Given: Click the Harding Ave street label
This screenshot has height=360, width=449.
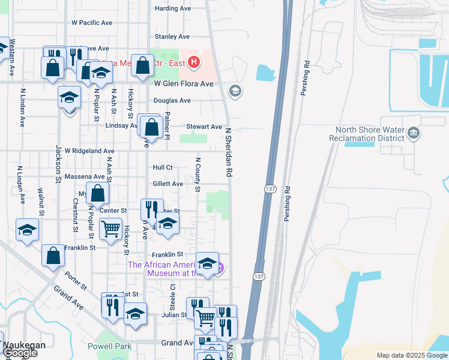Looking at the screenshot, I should [172, 8].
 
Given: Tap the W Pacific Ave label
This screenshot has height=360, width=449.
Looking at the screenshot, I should [92, 23].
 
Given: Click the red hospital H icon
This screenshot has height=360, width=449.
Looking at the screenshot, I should [193, 61].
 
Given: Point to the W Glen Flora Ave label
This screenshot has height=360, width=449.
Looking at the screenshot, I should [184, 84].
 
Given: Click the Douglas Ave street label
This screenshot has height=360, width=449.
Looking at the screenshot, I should [172, 101].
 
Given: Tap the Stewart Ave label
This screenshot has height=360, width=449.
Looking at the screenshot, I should [203, 127].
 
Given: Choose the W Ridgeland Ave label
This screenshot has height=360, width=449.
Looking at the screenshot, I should [89, 151].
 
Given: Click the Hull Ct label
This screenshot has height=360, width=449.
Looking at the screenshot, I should [163, 167].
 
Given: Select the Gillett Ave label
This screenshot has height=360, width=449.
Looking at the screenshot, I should [167, 184].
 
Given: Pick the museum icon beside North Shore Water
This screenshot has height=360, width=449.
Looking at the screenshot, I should [413, 133].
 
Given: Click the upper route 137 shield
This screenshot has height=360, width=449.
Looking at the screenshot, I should [270, 188].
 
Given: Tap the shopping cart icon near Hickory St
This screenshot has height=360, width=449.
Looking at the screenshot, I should [111, 229].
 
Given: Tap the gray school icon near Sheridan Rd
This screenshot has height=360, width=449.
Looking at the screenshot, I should [235, 91].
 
